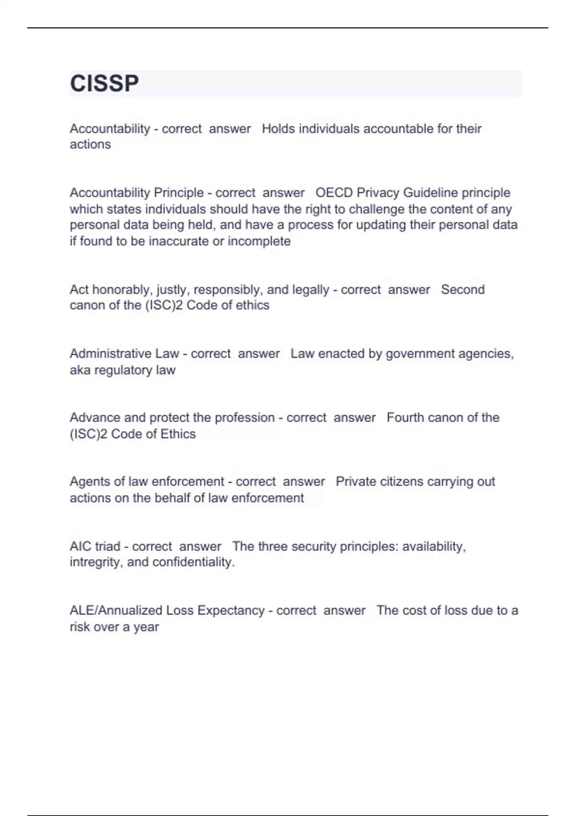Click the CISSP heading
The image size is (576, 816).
pos(104,84)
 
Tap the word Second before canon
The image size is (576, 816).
pos(463,289)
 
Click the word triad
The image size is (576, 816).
pos(108,546)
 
